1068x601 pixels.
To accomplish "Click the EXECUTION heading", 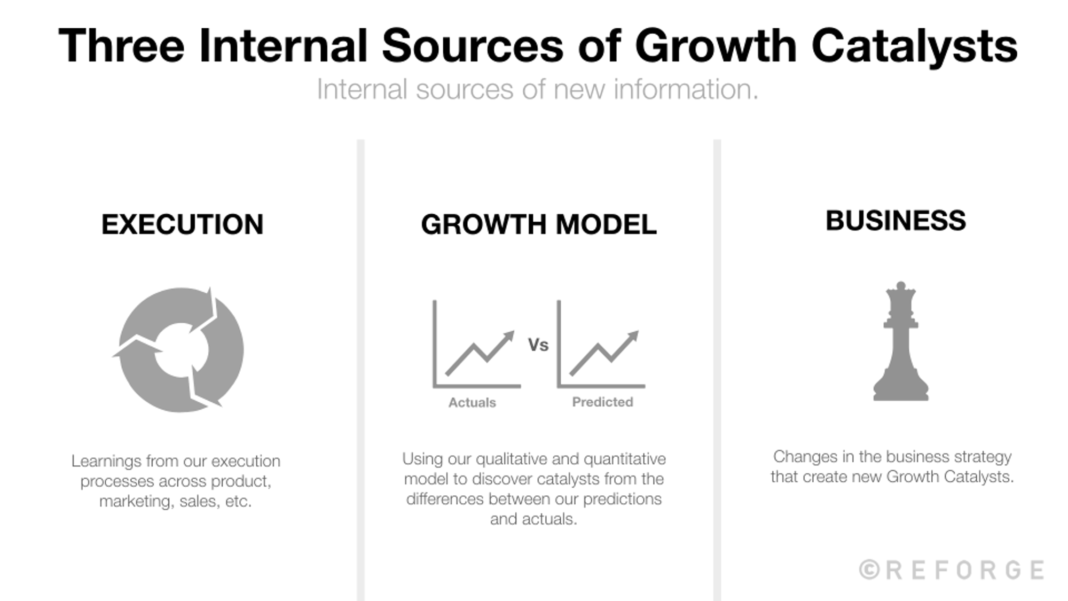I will tap(182, 224).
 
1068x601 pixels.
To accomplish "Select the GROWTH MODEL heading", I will tap(538, 224).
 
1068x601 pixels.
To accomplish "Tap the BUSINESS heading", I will tap(896, 221).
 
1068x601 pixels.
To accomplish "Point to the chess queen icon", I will tap(901, 342).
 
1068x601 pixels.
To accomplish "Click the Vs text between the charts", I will tap(538, 345).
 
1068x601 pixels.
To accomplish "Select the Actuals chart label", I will tap(472, 402).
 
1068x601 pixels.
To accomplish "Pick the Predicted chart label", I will tap(602, 402).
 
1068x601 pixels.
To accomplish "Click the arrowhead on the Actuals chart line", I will tap(508, 337).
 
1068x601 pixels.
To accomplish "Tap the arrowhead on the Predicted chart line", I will tap(633, 337).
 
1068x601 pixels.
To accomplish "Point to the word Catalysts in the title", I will tap(914, 46).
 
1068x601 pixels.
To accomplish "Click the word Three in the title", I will tap(121, 46).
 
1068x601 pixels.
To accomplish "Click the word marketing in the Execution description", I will tap(135, 501).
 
